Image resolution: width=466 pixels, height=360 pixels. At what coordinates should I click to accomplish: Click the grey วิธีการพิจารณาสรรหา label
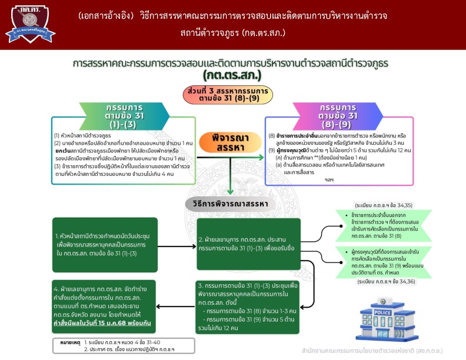point(230,204)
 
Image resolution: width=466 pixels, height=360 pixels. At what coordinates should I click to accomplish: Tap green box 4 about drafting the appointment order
point(101,306)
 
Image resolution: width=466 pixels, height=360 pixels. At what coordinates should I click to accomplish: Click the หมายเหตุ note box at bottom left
point(111,345)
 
